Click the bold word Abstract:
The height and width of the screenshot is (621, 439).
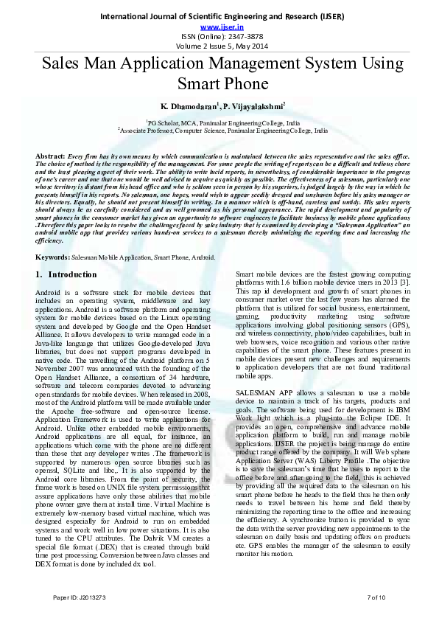point(50,157)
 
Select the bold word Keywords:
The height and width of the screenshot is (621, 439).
point(53,257)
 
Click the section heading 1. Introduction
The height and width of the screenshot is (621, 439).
point(66,275)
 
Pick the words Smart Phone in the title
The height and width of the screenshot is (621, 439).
point(219,84)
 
